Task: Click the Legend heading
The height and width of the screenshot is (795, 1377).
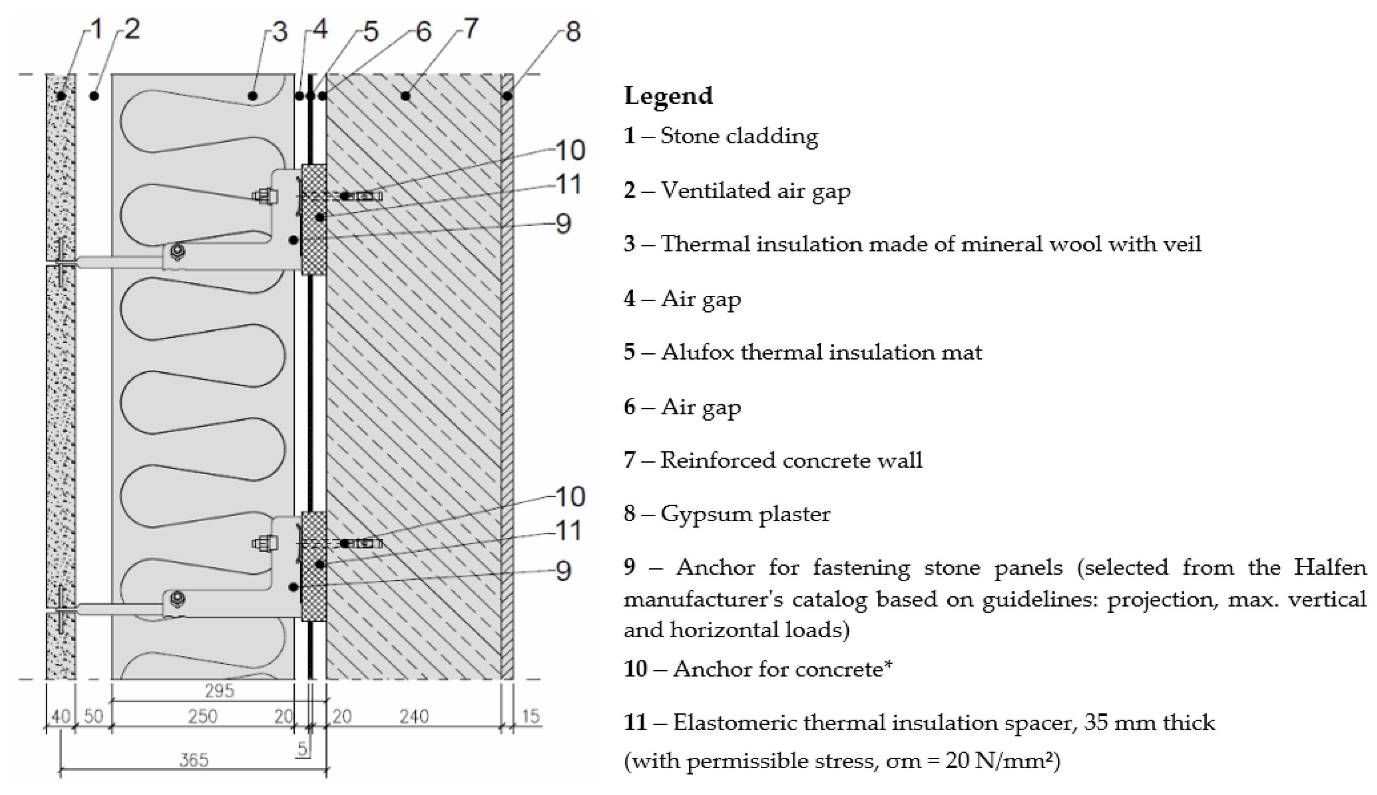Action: [668, 96]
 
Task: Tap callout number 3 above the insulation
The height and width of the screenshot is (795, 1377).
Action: [280, 32]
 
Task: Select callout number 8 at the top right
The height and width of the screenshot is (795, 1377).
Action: [572, 31]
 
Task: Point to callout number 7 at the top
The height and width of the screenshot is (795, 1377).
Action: [471, 28]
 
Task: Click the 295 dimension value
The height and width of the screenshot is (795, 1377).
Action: [220, 691]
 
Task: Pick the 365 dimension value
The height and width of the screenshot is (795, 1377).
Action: [194, 760]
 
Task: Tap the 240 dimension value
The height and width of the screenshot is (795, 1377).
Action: [414, 716]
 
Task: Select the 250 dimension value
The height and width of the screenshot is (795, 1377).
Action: [203, 716]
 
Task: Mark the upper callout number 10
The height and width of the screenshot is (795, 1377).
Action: [570, 150]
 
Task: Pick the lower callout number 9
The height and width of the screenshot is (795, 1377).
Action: [563, 571]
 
